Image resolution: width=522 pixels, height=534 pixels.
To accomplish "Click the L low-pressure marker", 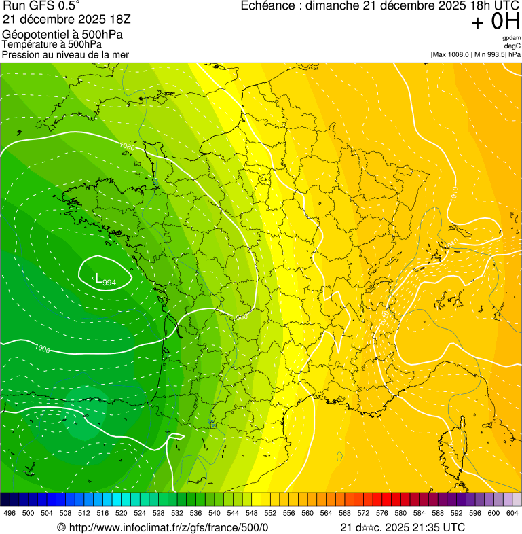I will [99, 278].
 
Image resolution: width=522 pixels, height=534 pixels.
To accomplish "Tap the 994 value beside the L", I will [109, 281].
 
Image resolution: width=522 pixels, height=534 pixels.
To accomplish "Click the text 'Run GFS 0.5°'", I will [41, 6].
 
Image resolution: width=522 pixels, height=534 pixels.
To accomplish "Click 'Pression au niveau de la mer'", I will [65, 54].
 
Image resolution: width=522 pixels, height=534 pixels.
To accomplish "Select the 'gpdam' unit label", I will [511, 38].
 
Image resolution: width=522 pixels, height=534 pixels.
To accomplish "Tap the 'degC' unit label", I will [512, 46].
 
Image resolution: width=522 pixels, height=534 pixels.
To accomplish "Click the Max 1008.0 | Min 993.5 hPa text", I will [475, 54].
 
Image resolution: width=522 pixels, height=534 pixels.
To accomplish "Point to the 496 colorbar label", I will [10, 514].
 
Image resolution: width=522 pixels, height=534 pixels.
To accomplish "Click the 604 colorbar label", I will [512, 514].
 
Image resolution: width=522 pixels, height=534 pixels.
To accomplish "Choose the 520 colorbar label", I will [122, 514].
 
